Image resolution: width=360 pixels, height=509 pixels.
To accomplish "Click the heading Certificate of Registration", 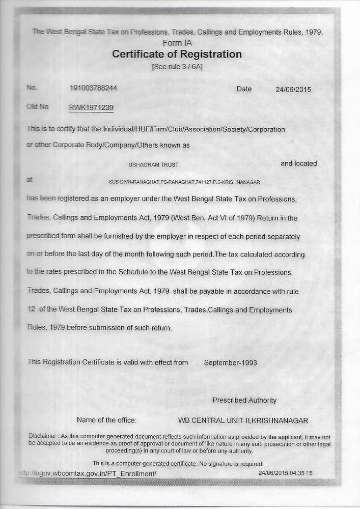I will pyautogui.click(x=177, y=54).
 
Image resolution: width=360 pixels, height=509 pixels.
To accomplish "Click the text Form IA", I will pyautogui.click(x=177, y=43).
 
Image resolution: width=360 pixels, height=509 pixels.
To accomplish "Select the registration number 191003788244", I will pyautogui.click(x=93, y=88).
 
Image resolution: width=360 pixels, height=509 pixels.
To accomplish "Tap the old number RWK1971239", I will pyautogui.click(x=91, y=107).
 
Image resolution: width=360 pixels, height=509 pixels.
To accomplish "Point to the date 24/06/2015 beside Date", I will pyautogui.click(x=293, y=89).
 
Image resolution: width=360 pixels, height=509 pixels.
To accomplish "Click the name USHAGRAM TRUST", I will pyautogui.click(x=153, y=165).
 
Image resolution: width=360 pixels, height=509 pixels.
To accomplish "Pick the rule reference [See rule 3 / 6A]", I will pyautogui.click(x=177, y=67).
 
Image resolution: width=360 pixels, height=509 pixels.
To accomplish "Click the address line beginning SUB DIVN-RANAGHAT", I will pyautogui.click(x=184, y=182).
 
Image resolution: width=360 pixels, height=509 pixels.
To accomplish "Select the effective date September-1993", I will pyautogui.click(x=230, y=363).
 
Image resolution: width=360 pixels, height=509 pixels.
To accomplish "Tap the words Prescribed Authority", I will pyautogui.click(x=244, y=401).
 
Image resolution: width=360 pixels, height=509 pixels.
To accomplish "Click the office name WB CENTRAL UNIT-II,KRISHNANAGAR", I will pyautogui.click(x=243, y=421).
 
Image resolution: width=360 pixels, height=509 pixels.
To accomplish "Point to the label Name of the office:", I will pyautogui.click(x=106, y=420).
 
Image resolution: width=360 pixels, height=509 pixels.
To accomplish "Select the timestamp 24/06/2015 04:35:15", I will pyautogui.click(x=285, y=473).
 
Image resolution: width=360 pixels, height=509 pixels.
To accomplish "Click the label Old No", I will pyautogui.click(x=37, y=107).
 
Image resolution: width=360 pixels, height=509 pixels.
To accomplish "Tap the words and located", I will pyautogui.click(x=298, y=164).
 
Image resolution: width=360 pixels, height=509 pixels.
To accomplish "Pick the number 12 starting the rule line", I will pyautogui.click(x=31, y=309).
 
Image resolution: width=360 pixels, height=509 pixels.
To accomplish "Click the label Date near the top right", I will pyautogui.click(x=244, y=89).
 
